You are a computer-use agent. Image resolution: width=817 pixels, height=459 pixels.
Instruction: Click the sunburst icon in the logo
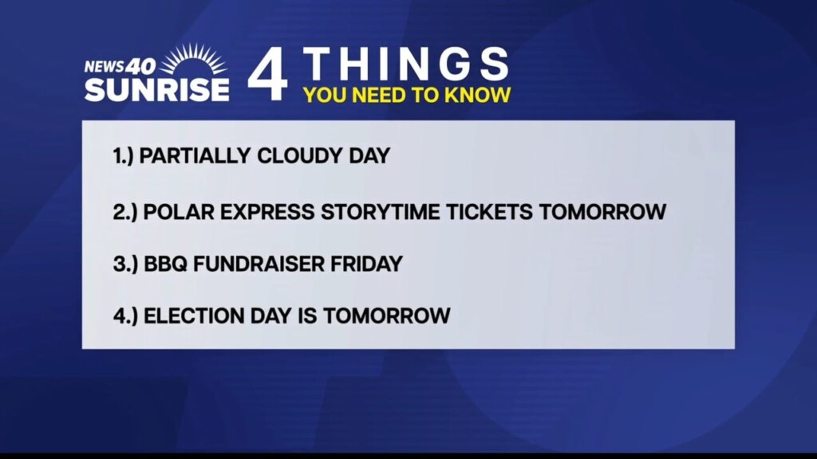193,59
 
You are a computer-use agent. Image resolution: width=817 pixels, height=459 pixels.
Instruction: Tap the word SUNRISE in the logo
157,89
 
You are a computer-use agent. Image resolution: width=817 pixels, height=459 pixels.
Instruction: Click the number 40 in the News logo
140,66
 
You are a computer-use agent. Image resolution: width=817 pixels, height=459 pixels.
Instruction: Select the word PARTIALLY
195,155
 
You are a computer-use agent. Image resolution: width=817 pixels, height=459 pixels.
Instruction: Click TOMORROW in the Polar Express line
603,212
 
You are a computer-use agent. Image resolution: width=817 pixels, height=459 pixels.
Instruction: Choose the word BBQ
165,264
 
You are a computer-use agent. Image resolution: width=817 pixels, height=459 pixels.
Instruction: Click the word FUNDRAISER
259,264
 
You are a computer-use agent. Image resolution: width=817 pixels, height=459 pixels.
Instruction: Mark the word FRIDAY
367,264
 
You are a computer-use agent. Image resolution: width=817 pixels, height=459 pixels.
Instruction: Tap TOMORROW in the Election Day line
387,316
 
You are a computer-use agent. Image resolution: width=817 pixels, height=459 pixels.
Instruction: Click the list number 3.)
125,264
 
